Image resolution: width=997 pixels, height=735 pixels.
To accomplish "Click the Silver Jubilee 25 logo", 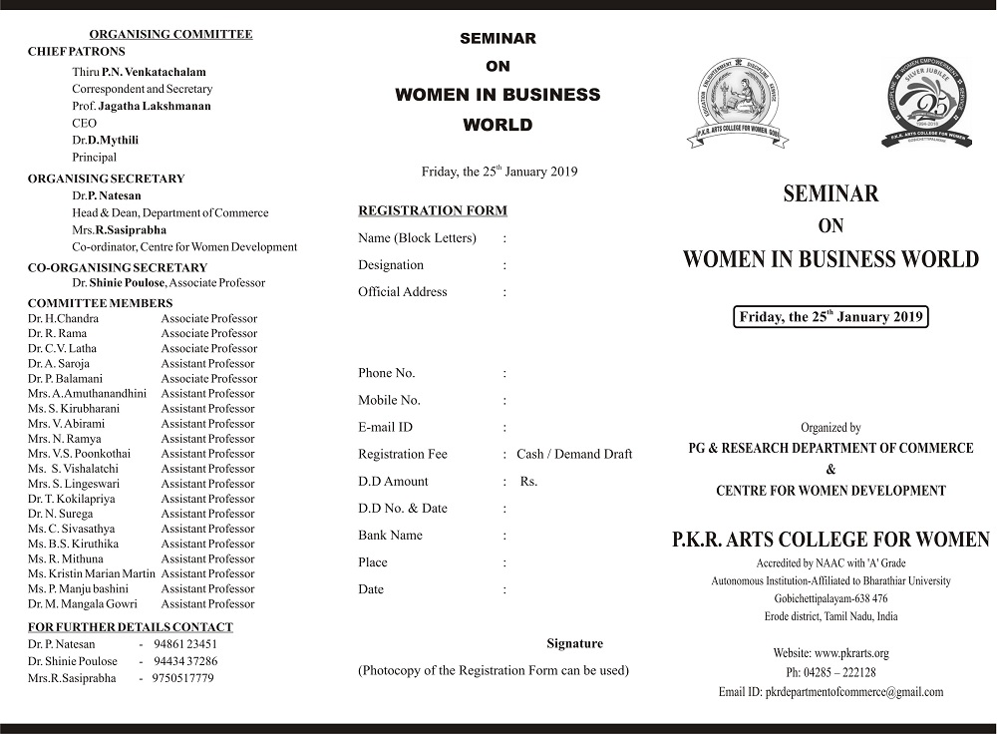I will click(926, 103).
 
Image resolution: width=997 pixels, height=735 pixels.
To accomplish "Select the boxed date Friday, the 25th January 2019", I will click(831, 317).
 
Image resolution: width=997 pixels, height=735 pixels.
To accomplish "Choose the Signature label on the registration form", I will click(574, 643).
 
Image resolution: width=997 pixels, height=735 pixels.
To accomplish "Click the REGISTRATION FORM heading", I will click(432, 210).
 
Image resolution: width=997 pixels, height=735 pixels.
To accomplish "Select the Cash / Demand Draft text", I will click(574, 454).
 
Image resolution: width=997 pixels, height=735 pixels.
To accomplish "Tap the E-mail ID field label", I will click(385, 427).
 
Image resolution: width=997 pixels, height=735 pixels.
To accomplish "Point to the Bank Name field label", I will click(390, 536).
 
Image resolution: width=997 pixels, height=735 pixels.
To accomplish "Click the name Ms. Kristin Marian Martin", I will click(91, 573).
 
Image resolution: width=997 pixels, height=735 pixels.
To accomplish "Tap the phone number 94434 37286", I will click(184, 661).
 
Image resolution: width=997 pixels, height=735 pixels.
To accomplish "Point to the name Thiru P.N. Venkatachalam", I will click(139, 72).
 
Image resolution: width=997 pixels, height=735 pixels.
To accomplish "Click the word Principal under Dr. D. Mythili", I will click(94, 157).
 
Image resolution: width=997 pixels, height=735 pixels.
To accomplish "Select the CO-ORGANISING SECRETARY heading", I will click(117, 267).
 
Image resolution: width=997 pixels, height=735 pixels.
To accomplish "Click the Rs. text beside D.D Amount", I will click(528, 481).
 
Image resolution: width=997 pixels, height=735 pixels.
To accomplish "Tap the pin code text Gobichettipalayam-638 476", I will click(831, 598).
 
